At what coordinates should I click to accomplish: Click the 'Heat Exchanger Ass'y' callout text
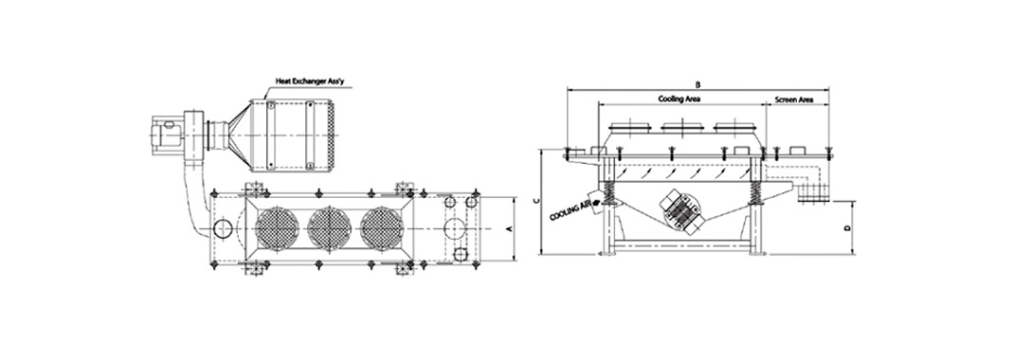point(302,81)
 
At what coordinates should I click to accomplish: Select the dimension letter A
point(509,229)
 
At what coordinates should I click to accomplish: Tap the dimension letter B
point(697,84)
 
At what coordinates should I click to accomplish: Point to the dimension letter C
point(534,201)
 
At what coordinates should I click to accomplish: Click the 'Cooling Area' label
point(679,99)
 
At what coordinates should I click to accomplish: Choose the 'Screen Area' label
point(793,99)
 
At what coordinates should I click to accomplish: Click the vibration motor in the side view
point(680,209)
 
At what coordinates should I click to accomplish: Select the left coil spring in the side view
point(608,193)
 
